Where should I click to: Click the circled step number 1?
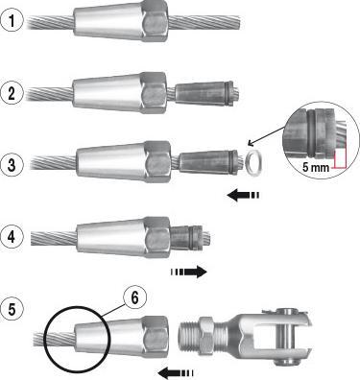[x=12, y=21]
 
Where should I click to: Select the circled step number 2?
[x=12, y=93]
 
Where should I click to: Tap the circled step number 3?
[x=12, y=165]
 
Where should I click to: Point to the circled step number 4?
[x=12, y=237]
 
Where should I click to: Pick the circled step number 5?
[x=12, y=309]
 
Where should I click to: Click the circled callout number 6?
[x=134, y=298]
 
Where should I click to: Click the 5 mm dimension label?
[x=316, y=167]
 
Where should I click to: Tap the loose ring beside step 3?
[x=253, y=164]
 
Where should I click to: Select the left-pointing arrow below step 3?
[x=244, y=195]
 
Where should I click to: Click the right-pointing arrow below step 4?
[x=189, y=272]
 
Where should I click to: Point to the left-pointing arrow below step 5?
[x=176, y=372]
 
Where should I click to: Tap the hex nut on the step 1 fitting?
[x=156, y=21]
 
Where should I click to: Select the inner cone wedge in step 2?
[x=204, y=93]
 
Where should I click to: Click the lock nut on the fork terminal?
[x=206, y=335]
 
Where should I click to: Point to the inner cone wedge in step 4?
[x=186, y=237]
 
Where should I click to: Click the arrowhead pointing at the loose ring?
[x=251, y=143]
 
